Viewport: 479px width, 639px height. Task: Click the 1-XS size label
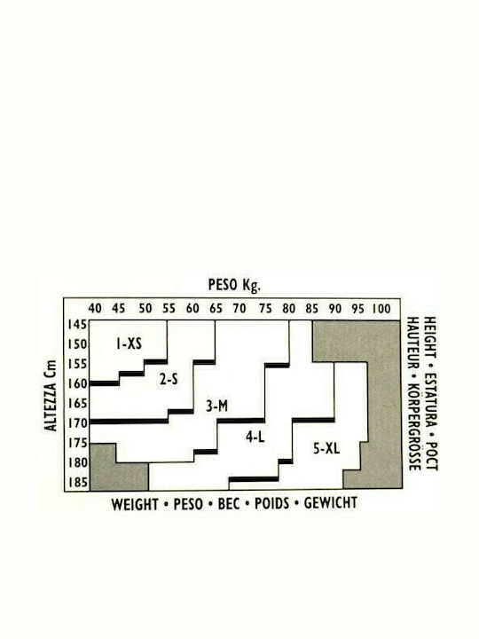[129, 344]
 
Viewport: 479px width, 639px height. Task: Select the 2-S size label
[169, 380]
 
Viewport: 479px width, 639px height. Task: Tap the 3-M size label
[216, 406]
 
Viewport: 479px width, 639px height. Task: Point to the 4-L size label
[255, 438]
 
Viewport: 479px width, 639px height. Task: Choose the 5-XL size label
[326, 449]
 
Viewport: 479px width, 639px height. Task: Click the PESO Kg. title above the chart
[234, 285]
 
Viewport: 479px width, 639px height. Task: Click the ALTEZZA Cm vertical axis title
[51, 395]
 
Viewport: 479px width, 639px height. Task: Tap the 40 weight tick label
[95, 309]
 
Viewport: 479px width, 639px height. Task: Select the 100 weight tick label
[381, 309]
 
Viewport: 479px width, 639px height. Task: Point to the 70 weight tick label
[239, 309]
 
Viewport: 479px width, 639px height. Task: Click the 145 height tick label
[77, 325]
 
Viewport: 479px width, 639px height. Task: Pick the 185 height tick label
[77, 483]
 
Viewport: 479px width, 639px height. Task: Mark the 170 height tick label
[77, 423]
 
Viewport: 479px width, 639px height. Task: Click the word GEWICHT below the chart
[331, 503]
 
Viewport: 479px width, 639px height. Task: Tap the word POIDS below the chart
[271, 504]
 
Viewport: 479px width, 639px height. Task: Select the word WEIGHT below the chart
[135, 504]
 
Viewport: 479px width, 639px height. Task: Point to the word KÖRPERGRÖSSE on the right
[413, 427]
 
